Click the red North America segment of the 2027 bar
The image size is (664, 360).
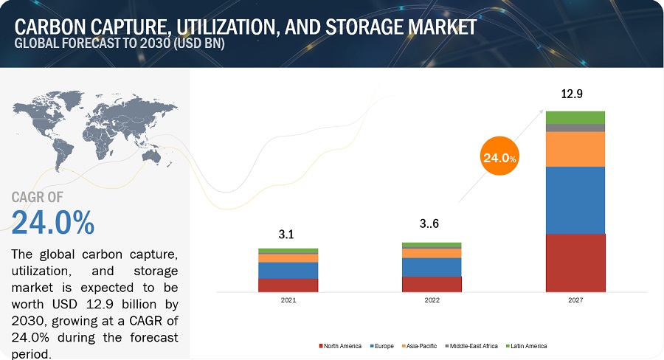575,263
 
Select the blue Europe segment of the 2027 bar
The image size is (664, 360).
575,200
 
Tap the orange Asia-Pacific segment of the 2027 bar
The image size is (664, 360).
575,149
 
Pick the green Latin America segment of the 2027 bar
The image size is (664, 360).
575,117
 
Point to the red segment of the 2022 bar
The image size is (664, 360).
432,284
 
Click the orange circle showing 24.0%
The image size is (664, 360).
499,157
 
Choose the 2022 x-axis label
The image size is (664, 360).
432,301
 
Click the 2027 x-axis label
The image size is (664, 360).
575,301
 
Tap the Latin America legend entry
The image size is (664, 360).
527,346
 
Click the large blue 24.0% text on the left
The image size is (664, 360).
53,222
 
